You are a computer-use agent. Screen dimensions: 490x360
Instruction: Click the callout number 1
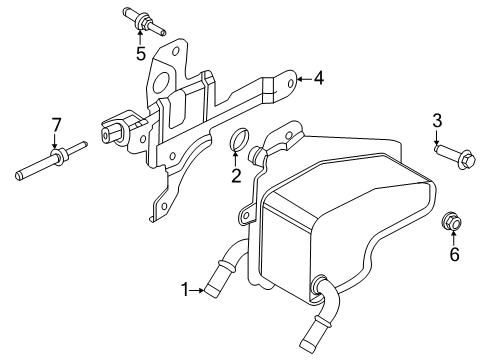click(185, 291)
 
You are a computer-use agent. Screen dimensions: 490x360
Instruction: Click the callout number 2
click(237, 177)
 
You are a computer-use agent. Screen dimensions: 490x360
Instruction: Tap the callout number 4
click(318, 77)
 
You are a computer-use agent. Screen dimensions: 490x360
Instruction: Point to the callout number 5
click(141, 52)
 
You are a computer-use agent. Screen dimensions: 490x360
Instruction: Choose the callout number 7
click(57, 125)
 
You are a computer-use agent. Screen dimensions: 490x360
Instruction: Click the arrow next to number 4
click(302, 77)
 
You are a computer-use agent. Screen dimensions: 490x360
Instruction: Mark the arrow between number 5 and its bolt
click(141, 36)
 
